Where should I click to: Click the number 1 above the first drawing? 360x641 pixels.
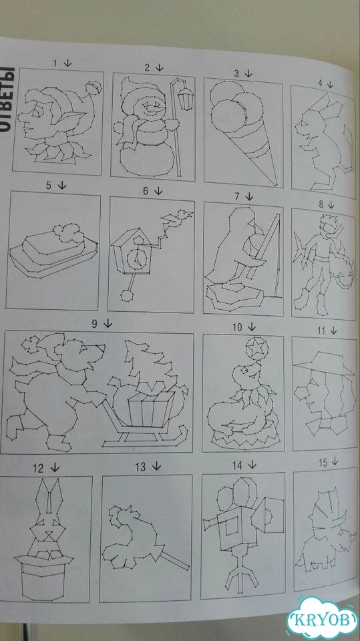[55, 63]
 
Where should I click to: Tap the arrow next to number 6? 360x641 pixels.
[158, 191]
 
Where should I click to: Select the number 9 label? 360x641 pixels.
[94, 325]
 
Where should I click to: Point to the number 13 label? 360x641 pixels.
[140, 467]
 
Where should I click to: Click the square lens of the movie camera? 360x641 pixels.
[230, 526]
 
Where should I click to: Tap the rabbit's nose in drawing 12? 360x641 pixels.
[49, 533]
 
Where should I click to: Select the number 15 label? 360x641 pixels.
[323, 463]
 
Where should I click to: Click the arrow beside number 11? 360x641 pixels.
[333, 330]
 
